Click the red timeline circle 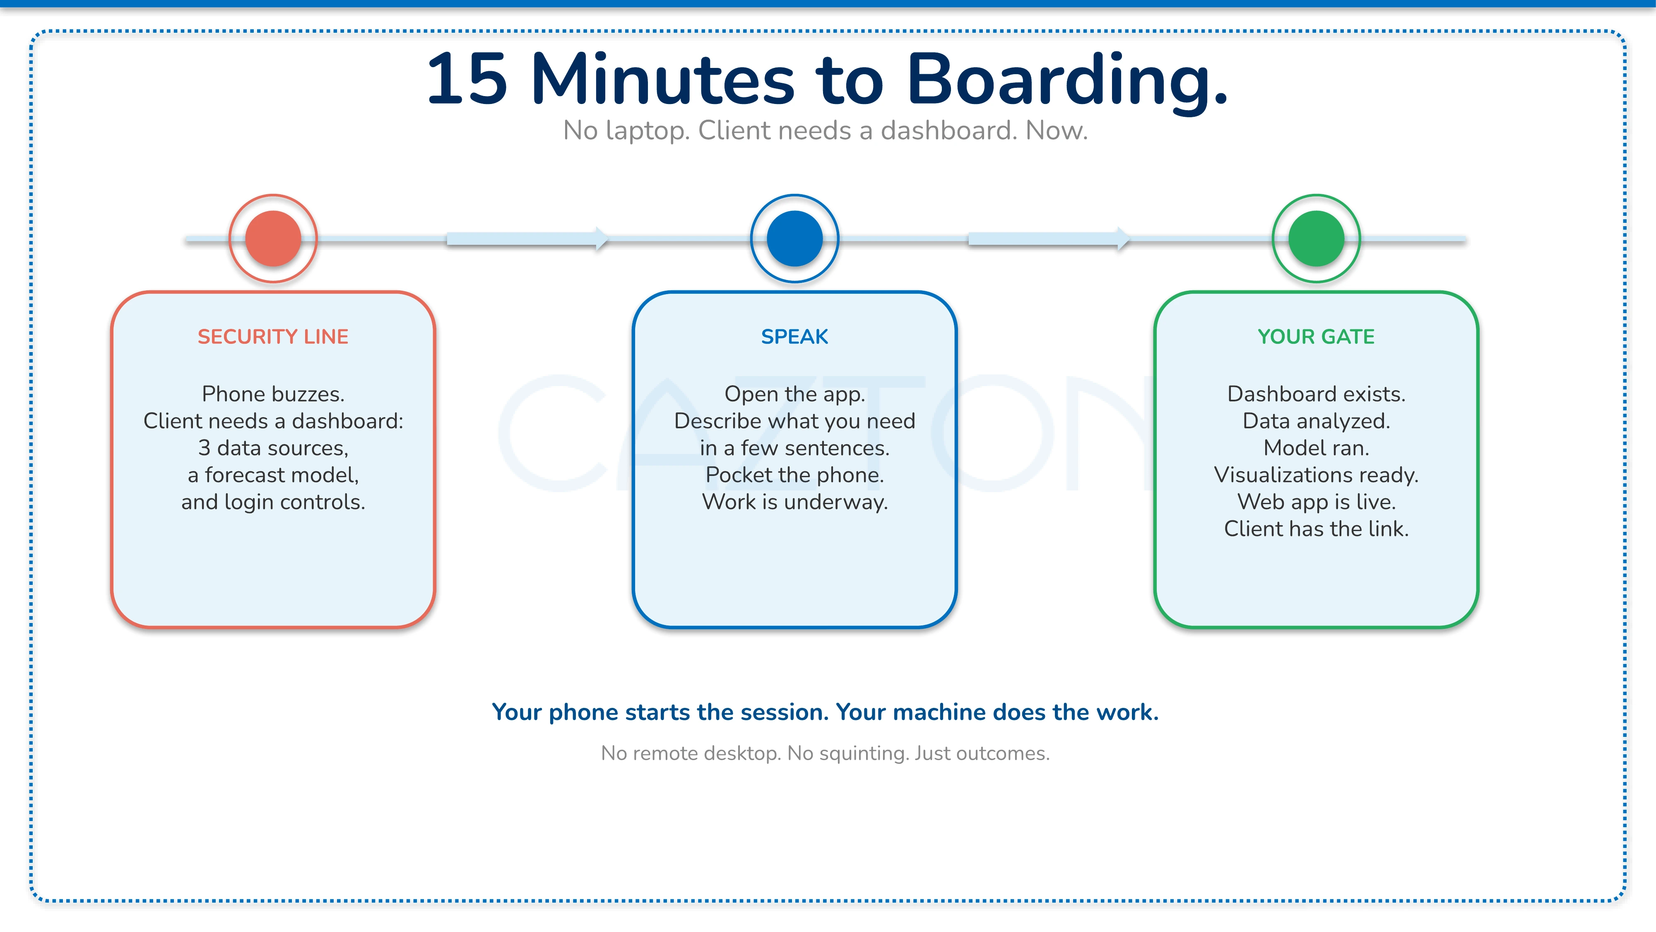point(273,239)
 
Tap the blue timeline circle point(794,239)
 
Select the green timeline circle point(1316,239)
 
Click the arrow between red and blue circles point(527,239)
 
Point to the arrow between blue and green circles point(1049,239)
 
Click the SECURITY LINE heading point(273,336)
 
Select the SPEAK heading point(794,336)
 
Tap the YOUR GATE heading point(1316,336)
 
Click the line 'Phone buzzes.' point(273,394)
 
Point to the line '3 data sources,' point(273,448)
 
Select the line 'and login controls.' point(273,502)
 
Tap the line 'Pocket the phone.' point(794,475)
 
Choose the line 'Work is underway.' point(794,502)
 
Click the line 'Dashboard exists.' point(1316,394)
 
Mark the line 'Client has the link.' point(1316,529)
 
